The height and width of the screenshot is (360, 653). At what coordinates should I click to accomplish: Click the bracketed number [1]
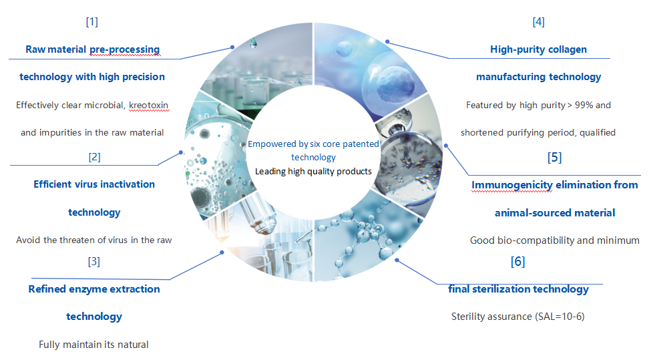92,21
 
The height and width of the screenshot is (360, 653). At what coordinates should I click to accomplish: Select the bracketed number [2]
94,157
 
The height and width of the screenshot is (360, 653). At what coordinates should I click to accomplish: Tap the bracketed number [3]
94,261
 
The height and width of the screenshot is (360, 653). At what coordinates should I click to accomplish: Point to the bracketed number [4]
538,21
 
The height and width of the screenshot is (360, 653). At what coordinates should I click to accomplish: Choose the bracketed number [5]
554,158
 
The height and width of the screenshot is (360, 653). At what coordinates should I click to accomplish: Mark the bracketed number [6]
517,261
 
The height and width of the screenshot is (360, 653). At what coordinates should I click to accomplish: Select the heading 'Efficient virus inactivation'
94,184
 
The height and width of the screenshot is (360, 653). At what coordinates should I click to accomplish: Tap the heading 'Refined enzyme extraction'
94,289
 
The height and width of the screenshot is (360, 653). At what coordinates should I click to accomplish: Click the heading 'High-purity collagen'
538,49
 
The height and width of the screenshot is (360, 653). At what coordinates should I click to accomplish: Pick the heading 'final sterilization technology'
518,289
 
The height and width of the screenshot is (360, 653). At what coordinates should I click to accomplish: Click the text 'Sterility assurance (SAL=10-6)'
517,317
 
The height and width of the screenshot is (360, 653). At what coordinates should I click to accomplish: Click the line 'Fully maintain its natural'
93,345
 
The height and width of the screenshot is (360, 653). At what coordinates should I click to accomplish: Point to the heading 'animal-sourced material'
554,212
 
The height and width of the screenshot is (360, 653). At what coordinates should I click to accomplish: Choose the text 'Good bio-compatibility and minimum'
554,240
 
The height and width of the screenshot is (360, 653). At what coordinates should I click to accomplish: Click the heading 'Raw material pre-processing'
93,49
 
